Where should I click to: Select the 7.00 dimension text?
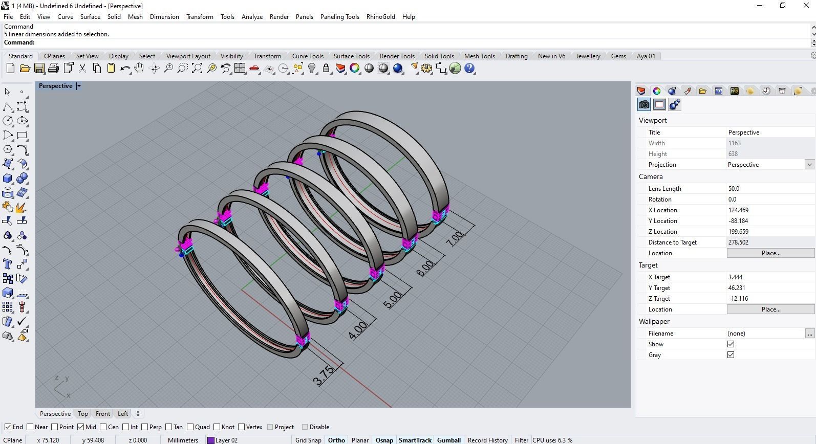point(455,238)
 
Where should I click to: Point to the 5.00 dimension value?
point(392,299)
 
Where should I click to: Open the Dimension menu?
point(164,16)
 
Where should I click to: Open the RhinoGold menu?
point(380,16)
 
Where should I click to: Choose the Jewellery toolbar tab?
point(588,56)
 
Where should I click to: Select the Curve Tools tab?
point(307,56)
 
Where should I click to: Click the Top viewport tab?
point(82,414)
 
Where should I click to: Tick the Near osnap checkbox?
point(30,427)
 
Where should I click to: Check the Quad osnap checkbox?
point(190,427)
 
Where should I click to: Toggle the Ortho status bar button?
point(336,440)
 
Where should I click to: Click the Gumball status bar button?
point(448,440)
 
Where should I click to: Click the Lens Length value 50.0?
point(734,189)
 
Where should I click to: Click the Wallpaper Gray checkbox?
point(731,355)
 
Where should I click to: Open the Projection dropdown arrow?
point(809,165)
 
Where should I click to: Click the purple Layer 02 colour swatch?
point(210,440)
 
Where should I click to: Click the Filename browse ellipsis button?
point(809,334)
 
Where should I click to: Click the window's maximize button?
point(782,6)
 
